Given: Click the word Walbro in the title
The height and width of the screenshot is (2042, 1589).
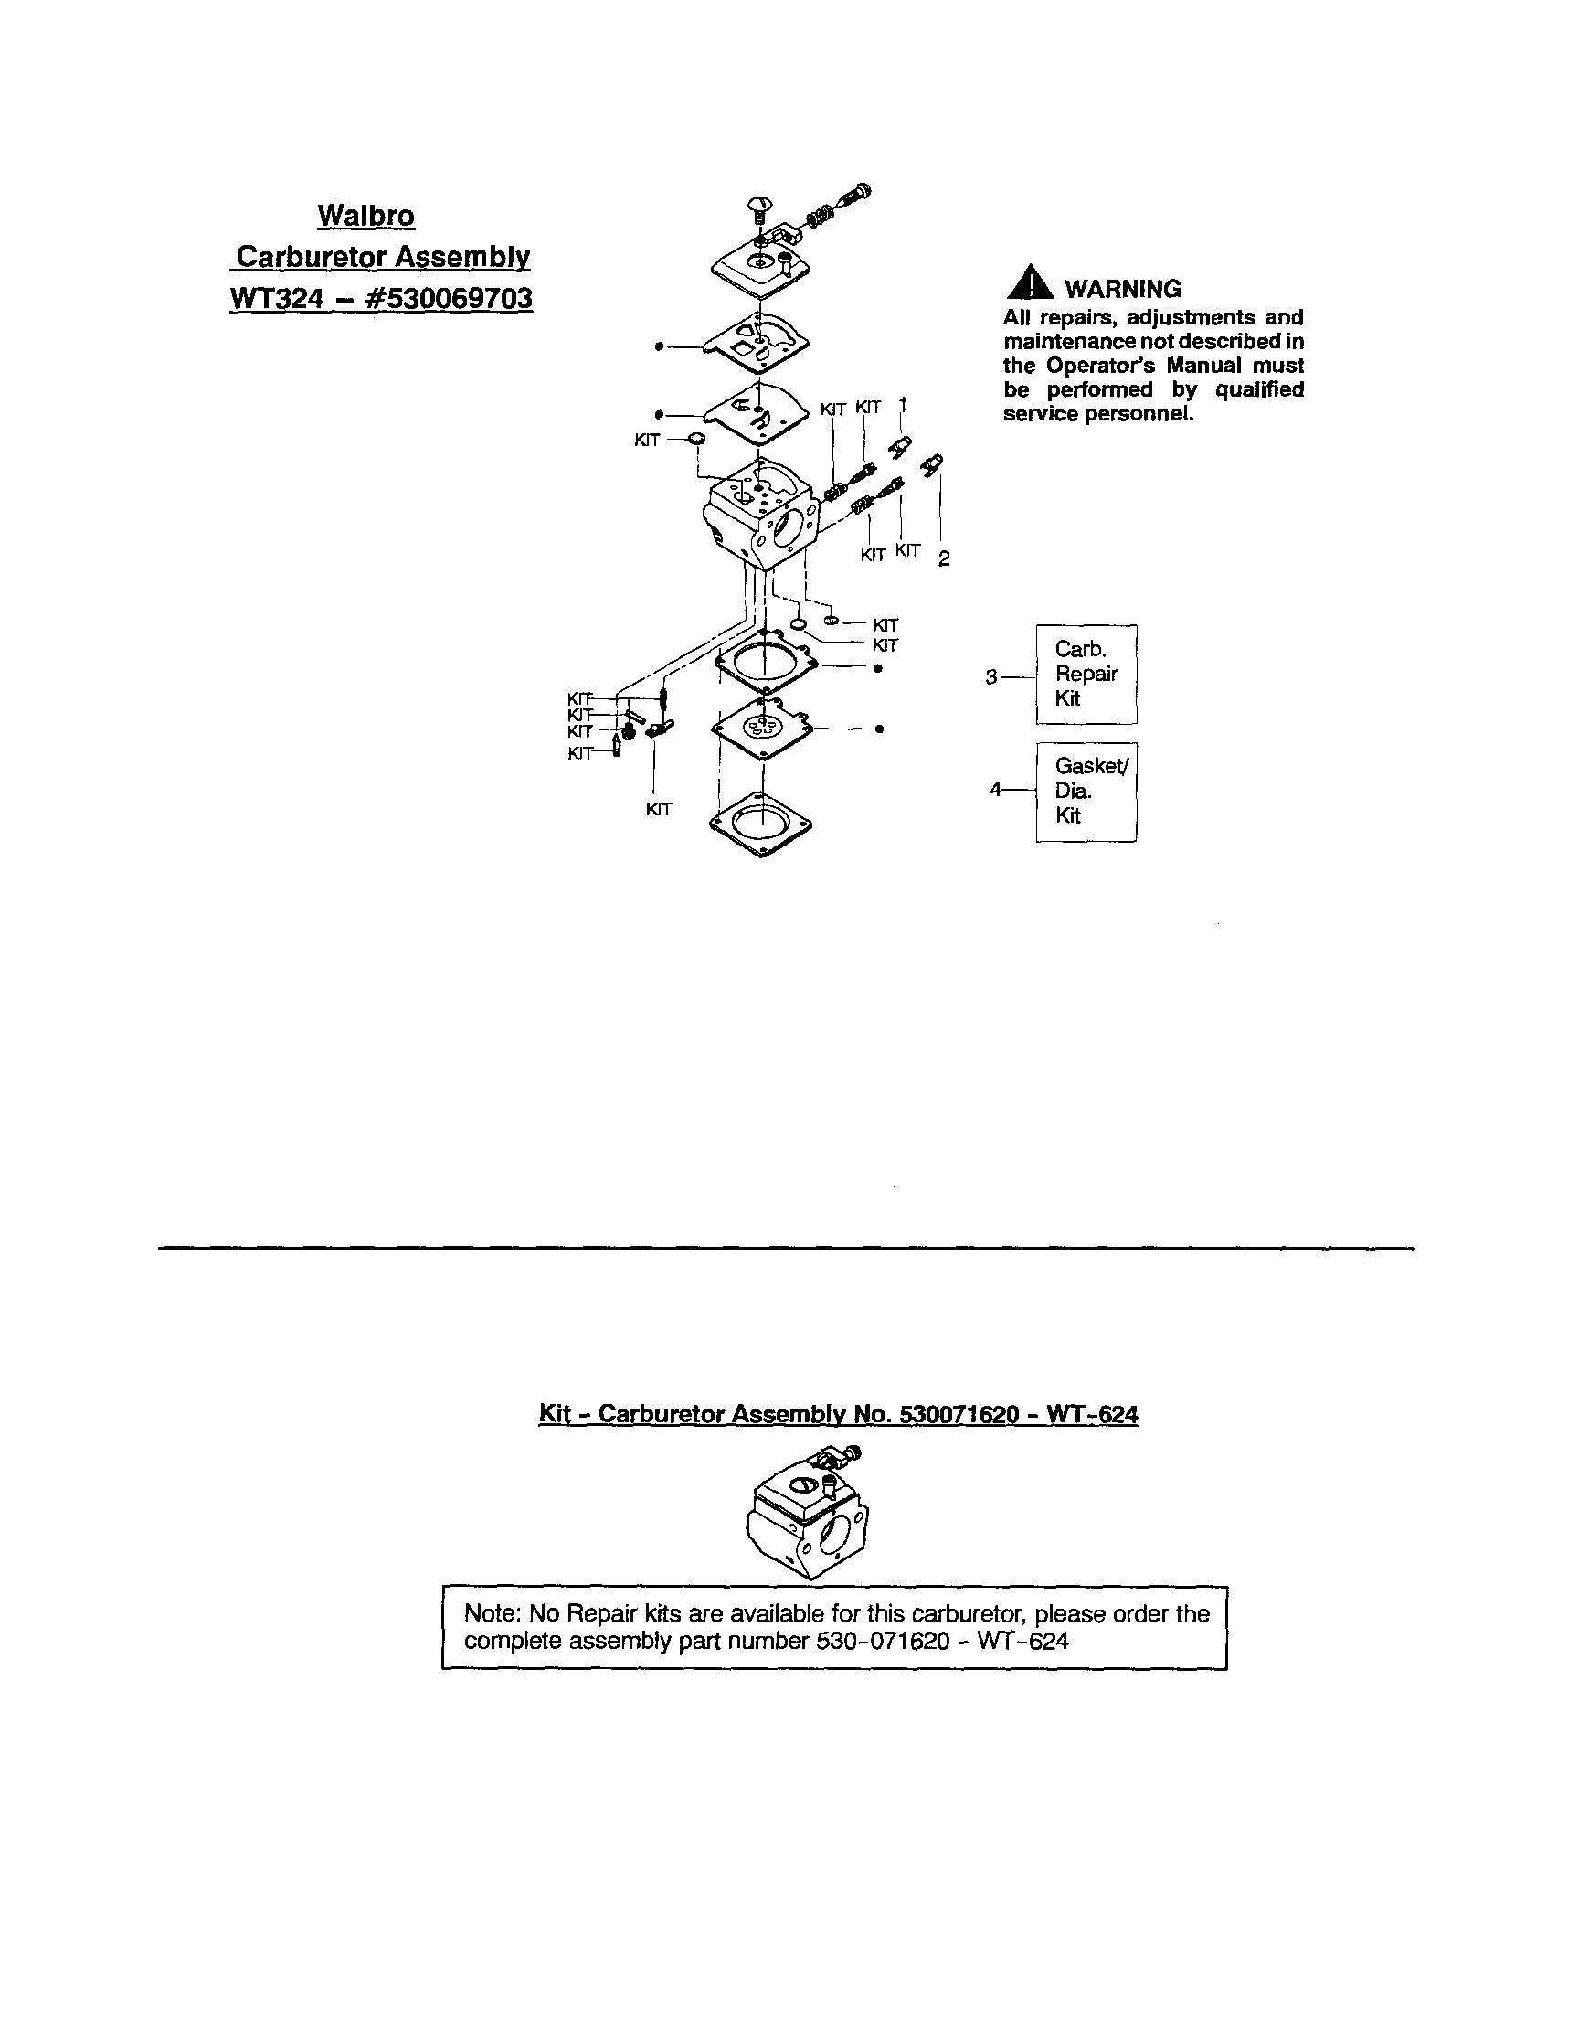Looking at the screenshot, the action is (x=365, y=216).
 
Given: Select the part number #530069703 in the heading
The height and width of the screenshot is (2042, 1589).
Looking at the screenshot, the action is (x=454, y=298).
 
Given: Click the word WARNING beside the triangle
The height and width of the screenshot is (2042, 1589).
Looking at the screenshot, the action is (x=1123, y=289).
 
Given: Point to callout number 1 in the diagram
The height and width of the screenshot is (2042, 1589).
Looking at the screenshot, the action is (x=902, y=405).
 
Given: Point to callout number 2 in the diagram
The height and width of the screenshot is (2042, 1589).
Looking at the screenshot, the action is (x=944, y=559).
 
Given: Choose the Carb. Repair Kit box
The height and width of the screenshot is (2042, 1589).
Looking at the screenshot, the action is (x=1086, y=675).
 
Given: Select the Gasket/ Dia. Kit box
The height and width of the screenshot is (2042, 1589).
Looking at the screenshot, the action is (x=1086, y=791).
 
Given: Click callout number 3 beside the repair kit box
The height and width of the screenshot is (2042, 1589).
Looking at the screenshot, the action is (x=991, y=677).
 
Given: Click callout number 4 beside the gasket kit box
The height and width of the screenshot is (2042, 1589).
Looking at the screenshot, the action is (x=995, y=790).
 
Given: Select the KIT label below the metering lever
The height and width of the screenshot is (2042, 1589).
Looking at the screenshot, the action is (x=659, y=810).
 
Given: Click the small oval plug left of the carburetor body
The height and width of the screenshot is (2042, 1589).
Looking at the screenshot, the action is (x=695, y=440).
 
